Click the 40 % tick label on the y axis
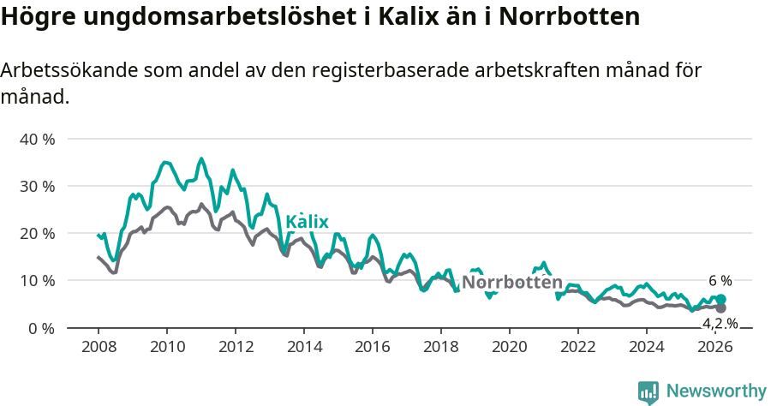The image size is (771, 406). tap(37, 139)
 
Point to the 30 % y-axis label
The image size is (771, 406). tap(37, 186)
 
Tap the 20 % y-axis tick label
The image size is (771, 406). tap(37, 233)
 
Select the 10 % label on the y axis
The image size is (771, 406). tap(37, 281)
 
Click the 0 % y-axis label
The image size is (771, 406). tap(41, 328)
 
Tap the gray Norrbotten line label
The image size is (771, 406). tap(511, 283)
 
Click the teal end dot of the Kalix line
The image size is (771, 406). tap(720, 300)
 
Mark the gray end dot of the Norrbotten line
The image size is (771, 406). tap(720, 308)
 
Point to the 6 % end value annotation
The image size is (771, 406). tap(720, 281)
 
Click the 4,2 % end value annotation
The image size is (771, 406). tap(720, 323)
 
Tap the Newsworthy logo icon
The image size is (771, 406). tap(648, 392)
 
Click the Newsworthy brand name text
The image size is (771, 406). tap(715, 391)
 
